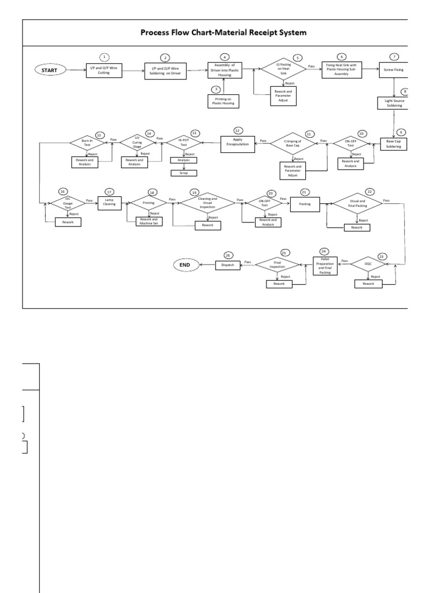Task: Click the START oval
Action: [49, 70]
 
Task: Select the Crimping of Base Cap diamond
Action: [294, 142]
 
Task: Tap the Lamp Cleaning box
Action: [110, 202]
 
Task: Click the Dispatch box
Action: [227, 265]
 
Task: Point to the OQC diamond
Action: [368, 263]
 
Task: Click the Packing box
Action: [305, 203]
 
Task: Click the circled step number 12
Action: [238, 130]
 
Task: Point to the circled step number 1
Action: [104, 57]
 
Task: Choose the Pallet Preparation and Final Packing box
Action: [324, 265]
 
